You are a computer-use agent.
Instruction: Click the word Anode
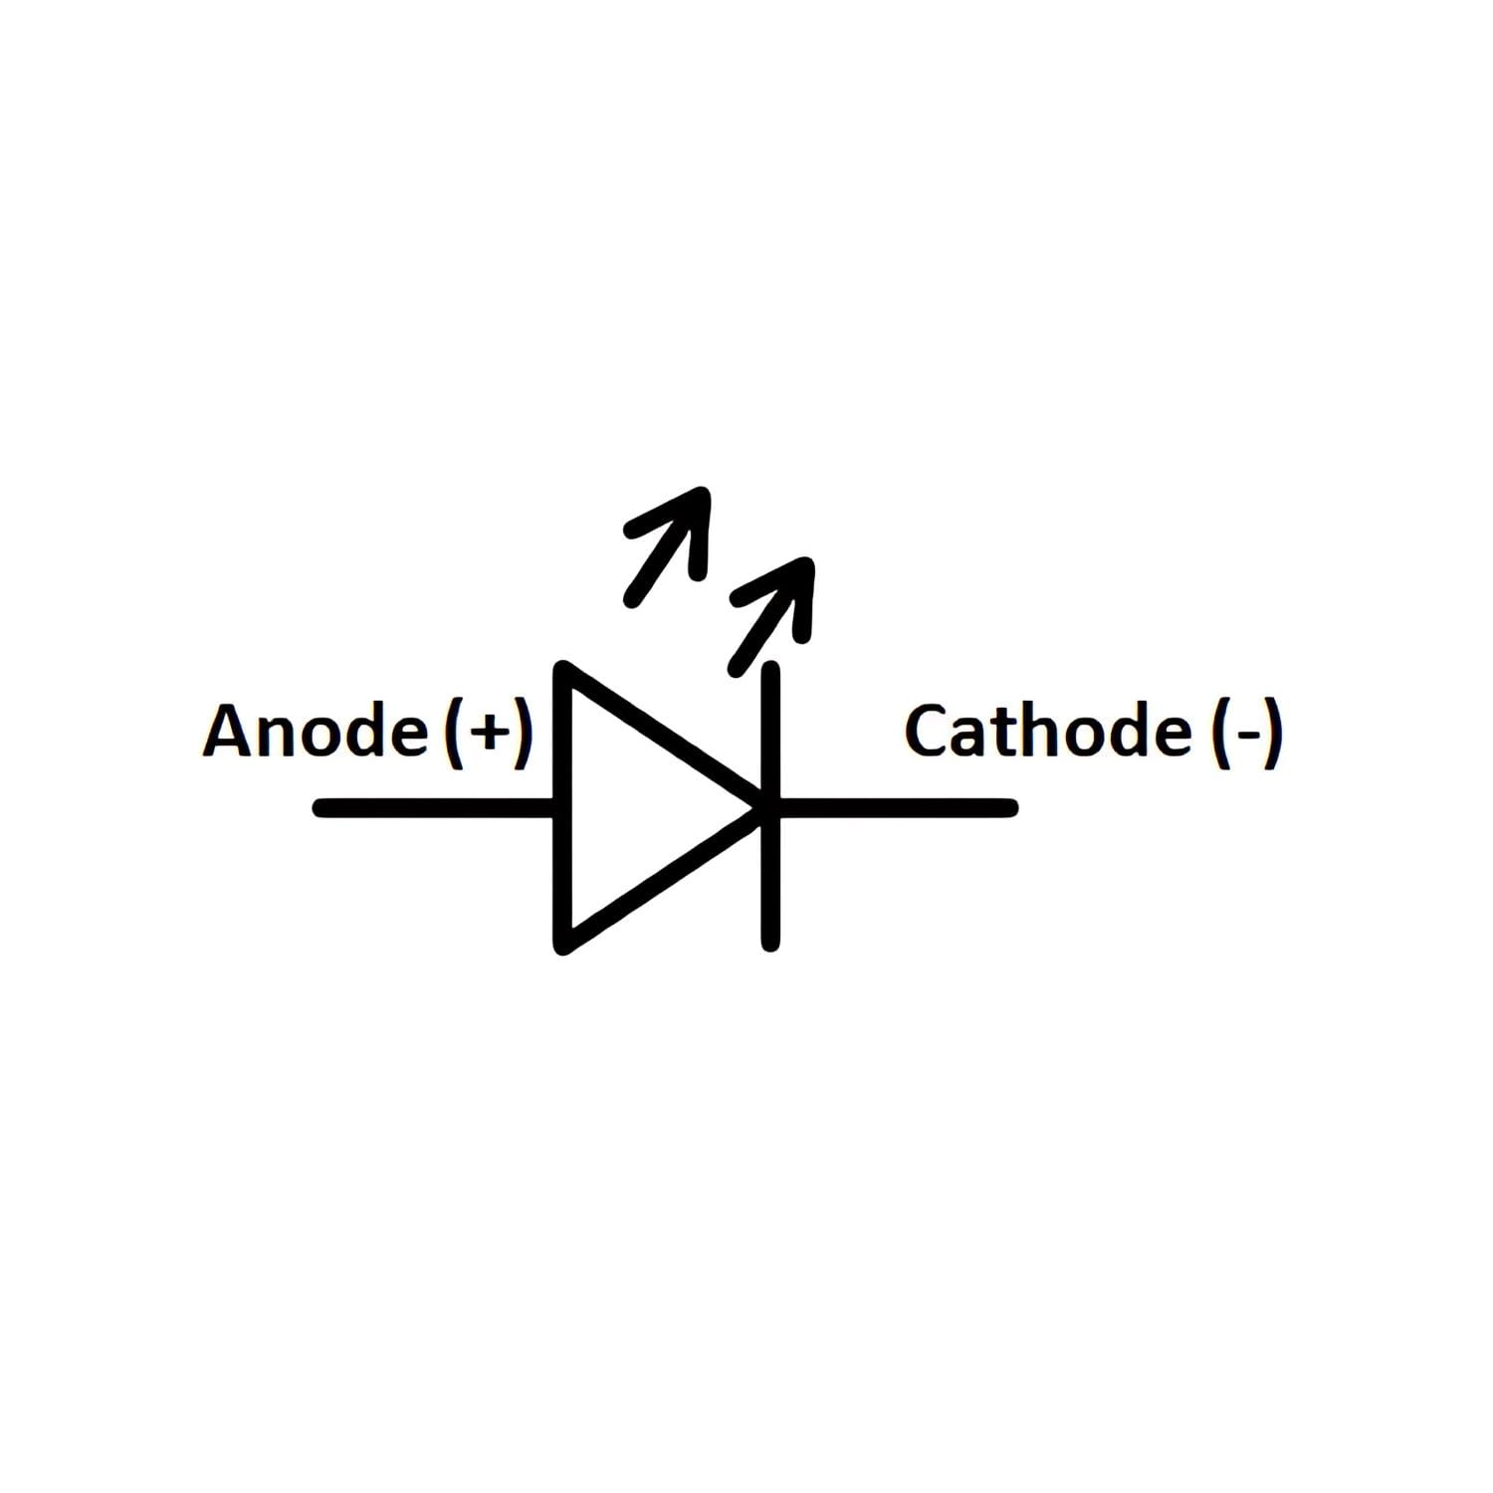(x=316, y=731)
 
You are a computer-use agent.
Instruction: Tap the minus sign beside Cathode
(x=1244, y=738)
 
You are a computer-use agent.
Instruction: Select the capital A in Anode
(x=229, y=731)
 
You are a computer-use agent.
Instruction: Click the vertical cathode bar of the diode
(x=770, y=807)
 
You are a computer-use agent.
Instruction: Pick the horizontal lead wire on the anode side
(x=434, y=807)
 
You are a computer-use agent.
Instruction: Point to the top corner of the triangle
(x=563, y=667)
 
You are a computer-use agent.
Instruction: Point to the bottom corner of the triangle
(x=563, y=947)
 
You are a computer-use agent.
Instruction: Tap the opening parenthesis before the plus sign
(x=453, y=734)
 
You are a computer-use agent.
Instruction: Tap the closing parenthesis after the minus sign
(x=1271, y=734)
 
